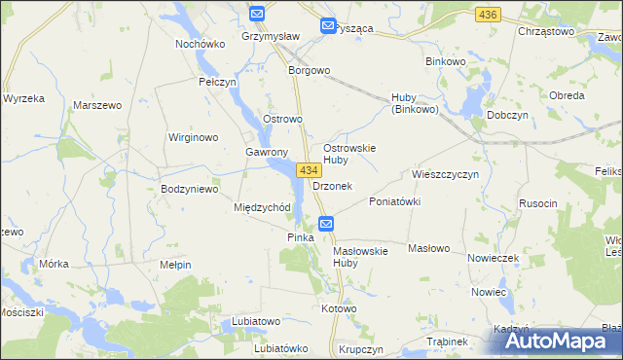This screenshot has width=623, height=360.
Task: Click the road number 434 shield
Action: click(x=309, y=170)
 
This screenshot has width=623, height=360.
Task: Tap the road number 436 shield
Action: click(x=488, y=15)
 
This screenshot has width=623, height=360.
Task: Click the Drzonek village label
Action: click(x=332, y=185)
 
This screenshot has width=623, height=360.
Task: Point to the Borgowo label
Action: click(x=310, y=71)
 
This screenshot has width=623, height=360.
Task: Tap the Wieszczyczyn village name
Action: click(x=446, y=174)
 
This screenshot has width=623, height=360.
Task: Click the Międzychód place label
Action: click(x=262, y=207)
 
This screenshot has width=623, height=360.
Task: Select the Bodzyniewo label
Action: click(x=189, y=189)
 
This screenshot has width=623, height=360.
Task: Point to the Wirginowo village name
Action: click(x=193, y=137)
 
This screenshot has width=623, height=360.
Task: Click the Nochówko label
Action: click(x=201, y=44)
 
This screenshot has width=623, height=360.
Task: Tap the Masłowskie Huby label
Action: click(x=360, y=256)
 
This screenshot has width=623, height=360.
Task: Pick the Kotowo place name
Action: click(x=339, y=308)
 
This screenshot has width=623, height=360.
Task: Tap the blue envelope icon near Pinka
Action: click(x=327, y=224)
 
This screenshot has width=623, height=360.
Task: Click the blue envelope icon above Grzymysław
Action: click(x=257, y=14)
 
